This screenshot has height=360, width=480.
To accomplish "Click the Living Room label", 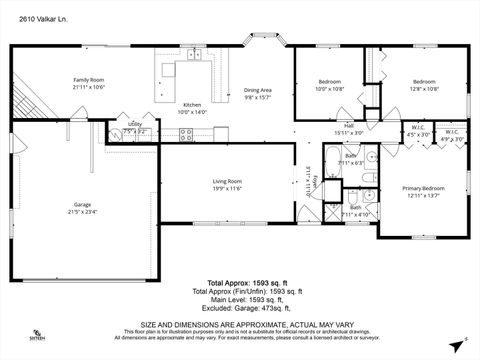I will (x=227, y=181).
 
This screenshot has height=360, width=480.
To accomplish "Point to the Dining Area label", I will (x=258, y=90).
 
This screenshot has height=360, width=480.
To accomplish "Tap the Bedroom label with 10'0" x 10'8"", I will (x=330, y=81).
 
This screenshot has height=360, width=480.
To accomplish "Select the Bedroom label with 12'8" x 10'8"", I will (x=425, y=81).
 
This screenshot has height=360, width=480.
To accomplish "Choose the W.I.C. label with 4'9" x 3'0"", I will (x=452, y=131).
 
